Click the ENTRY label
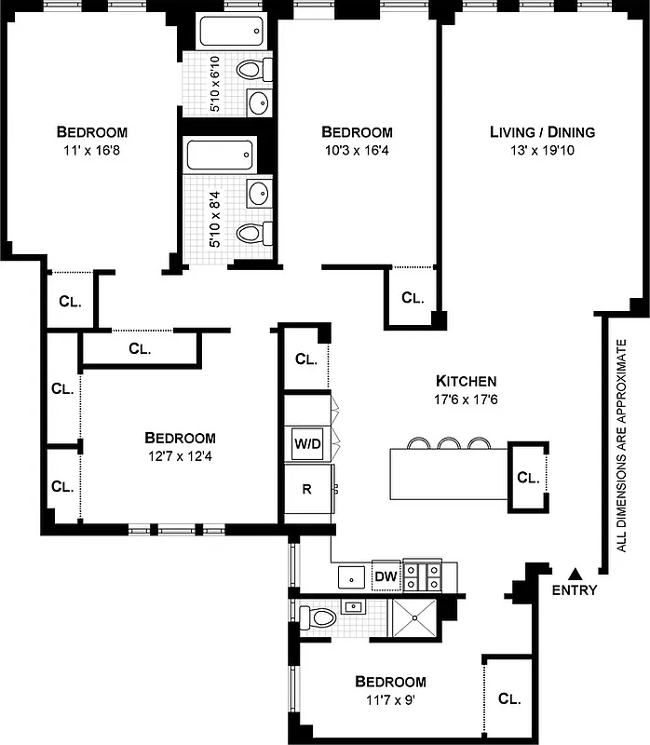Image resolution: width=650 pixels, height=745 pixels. (574, 590)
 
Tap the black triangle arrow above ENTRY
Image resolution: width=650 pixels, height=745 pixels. (575, 573)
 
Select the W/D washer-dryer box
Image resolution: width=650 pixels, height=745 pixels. (306, 443)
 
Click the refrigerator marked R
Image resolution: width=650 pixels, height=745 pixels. (306, 488)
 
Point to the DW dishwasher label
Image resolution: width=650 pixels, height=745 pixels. (386, 577)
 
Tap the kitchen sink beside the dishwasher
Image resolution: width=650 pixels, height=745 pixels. (351, 577)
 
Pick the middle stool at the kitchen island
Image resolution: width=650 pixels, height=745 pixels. (450, 442)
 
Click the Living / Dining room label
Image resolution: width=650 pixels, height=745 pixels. (542, 132)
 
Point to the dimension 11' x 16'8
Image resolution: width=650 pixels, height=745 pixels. (91, 149)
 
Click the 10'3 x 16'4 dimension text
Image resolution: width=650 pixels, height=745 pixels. (357, 149)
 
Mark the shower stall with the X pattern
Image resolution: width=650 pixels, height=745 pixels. (413, 616)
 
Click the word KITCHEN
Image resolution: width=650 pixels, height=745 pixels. (466, 381)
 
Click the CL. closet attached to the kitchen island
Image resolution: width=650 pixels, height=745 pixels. (527, 478)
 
